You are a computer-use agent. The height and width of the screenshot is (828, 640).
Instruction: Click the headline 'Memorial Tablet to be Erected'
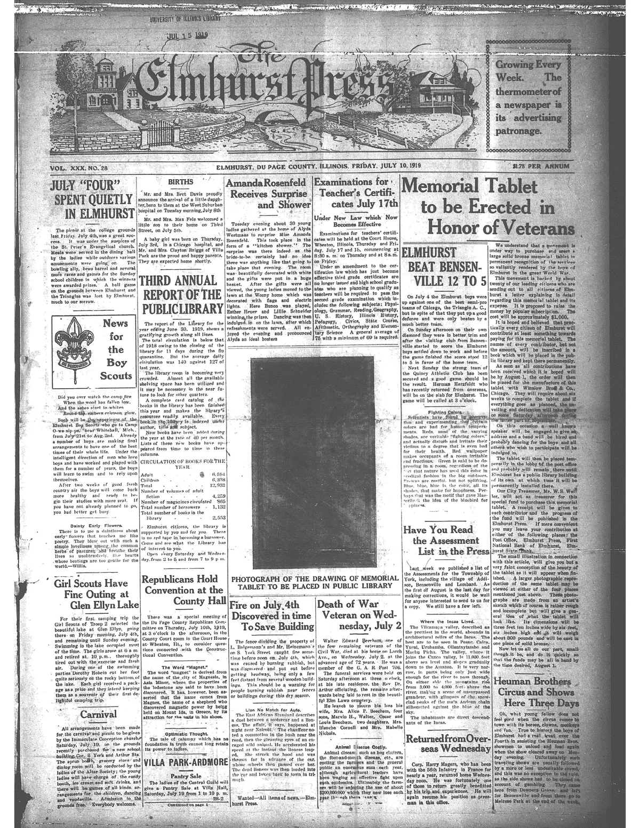(488, 207)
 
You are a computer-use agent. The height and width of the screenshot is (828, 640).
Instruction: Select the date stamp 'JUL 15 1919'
(187, 36)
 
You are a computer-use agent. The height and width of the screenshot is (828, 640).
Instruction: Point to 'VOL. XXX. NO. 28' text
(79, 167)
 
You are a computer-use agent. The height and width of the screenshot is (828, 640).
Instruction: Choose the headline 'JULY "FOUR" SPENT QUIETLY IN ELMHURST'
(91, 200)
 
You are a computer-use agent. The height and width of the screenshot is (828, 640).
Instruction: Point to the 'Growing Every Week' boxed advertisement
(529, 98)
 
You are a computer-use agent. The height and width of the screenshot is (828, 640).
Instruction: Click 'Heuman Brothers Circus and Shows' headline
(534, 692)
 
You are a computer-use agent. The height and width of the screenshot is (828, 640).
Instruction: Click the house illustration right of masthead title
(433, 92)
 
